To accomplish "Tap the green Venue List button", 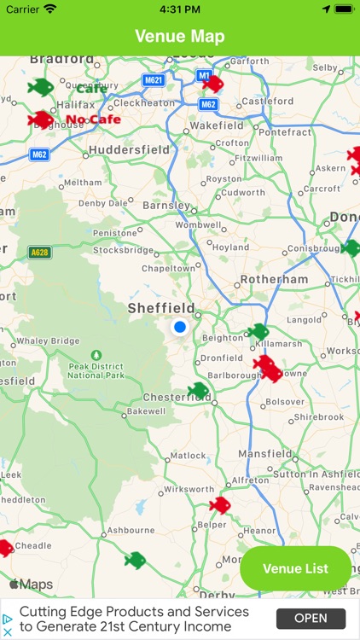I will [x=295, y=568].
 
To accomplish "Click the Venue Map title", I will [x=180, y=37].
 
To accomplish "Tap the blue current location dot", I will [x=179, y=327].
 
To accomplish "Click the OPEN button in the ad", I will [x=311, y=619].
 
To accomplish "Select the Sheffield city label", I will [x=161, y=308].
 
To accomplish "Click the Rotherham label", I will [x=274, y=279].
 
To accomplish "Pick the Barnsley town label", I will [x=166, y=206].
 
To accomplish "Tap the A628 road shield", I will [x=39, y=253].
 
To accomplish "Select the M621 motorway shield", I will [x=154, y=80].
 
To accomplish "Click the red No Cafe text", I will [x=93, y=119].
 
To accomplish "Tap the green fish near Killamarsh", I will [x=258, y=331].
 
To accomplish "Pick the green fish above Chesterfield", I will [x=199, y=391].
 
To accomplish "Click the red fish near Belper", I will [x=220, y=504].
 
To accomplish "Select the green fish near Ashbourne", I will [x=135, y=560].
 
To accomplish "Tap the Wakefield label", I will [x=217, y=125].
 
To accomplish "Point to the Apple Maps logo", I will [x=31, y=585].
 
